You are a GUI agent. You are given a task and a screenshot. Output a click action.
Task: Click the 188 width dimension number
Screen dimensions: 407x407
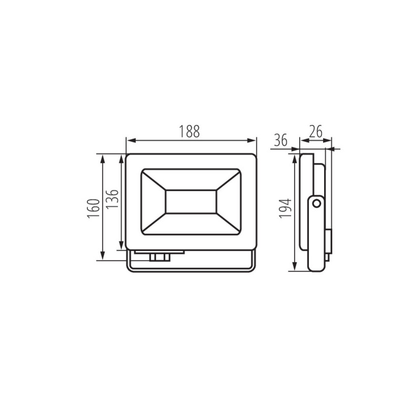(189, 131)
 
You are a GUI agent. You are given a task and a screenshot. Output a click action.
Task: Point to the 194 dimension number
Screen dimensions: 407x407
(286, 209)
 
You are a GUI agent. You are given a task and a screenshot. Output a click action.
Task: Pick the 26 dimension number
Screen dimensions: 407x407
(315, 132)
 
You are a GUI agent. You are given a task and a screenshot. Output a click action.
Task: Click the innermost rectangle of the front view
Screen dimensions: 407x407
(191, 201)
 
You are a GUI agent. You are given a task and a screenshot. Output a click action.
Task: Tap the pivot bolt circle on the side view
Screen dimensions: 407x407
(316, 203)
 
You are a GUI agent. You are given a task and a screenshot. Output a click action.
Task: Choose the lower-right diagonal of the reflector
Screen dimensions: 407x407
(228, 224)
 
